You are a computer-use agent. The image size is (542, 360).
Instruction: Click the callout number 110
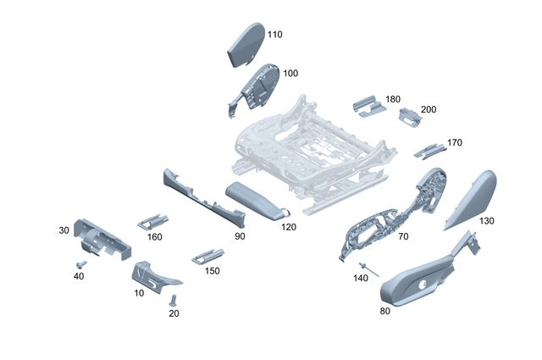275,35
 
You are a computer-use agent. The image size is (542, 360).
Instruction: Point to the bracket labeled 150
207,254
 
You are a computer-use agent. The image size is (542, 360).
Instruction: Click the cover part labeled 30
102,237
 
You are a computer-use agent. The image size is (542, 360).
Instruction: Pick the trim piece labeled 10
152,276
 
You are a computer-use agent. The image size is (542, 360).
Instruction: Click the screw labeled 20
174,300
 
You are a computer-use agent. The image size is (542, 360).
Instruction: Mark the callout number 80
385,310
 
